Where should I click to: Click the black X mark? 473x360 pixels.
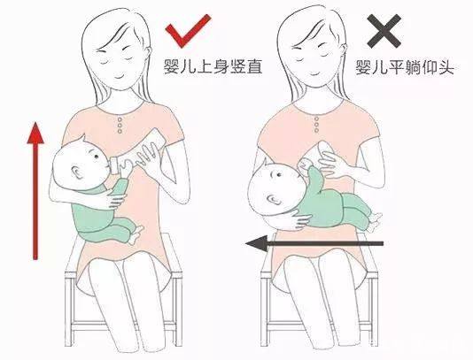[384, 34]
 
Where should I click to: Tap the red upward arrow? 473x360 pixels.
[35, 190]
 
